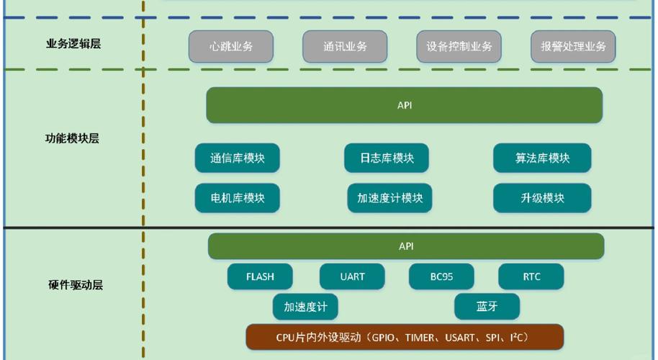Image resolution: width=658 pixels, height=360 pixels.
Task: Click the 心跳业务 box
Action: coord(231,47)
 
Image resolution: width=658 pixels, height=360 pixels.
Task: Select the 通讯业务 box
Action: coord(345,47)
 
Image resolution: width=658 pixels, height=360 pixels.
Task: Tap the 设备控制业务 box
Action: coord(459,47)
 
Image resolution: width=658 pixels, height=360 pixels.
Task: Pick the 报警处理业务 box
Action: coord(573,47)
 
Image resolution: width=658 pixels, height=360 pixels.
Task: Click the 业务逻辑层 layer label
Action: coord(73,44)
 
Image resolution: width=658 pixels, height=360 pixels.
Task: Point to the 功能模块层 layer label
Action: coord(72,138)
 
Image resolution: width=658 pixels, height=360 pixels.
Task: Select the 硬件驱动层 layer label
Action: coord(76,284)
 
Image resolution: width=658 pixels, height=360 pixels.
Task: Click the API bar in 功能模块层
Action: coord(404,105)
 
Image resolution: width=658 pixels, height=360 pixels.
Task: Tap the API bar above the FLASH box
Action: coord(406,246)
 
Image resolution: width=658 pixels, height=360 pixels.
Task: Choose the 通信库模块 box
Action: coord(237,158)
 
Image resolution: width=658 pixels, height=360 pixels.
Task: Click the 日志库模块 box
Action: coord(387,158)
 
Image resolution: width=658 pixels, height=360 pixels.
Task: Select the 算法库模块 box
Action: coord(542,158)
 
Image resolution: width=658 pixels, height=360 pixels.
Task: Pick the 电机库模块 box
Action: coord(237,198)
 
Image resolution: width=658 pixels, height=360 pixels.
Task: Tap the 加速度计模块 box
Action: coord(389,198)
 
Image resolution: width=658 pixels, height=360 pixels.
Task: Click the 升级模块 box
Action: coord(542,198)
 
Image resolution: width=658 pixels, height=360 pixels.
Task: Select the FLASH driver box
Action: coord(260,276)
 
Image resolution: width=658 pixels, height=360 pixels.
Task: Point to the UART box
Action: coord(352,276)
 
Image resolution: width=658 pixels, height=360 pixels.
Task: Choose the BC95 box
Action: coord(441,276)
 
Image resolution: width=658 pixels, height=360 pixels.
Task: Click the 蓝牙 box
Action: coord(487,307)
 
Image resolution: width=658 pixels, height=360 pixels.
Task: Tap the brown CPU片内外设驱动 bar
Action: coord(405,337)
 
